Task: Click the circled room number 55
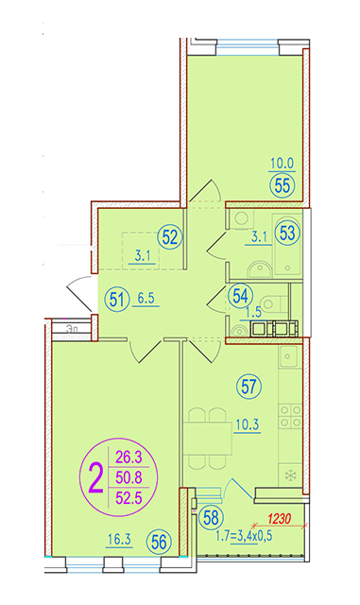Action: (x=283, y=185)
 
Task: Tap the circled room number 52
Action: (x=170, y=237)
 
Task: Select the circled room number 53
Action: (x=287, y=233)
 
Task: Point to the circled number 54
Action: (x=240, y=296)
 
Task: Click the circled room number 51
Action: (x=117, y=299)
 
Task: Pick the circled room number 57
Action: (x=249, y=387)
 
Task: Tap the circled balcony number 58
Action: (x=211, y=518)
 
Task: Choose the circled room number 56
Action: (x=159, y=542)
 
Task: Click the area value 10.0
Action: (x=283, y=164)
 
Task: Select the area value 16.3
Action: (x=119, y=540)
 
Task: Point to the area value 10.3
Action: (x=248, y=424)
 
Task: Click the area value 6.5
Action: (x=146, y=299)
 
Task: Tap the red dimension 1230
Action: (x=279, y=519)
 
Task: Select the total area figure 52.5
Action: (x=129, y=498)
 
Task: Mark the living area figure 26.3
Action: (x=129, y=458)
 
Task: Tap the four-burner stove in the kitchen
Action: (x=290, y=416)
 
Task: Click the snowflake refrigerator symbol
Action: (x=289, y=475)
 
